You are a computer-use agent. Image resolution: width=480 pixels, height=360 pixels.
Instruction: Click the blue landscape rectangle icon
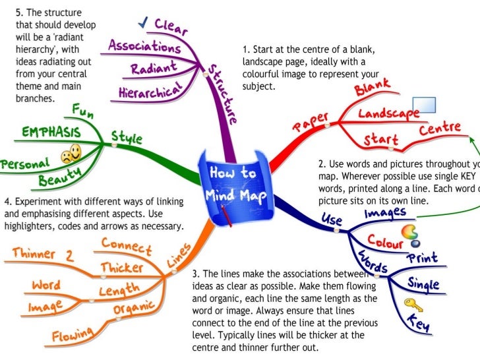click(x=423, y=105)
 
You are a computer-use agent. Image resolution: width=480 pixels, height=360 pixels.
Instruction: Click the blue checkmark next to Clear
click(x=142, y=24)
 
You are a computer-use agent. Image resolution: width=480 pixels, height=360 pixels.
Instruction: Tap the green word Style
click(x=127, y=138)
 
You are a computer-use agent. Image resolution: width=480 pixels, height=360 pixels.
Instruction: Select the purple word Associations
click(x=144, y=47)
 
